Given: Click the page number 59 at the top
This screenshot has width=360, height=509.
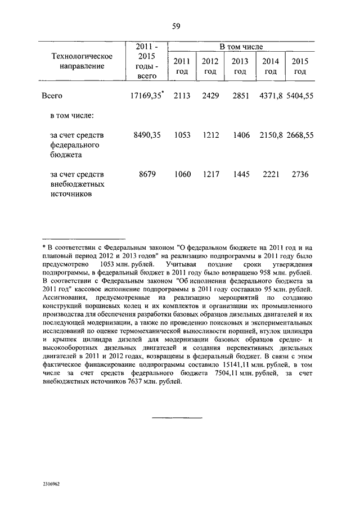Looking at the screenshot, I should pos(175,26).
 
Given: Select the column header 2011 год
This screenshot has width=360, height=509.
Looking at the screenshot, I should pos(182,66).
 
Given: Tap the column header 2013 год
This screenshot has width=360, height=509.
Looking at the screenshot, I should pos(240,66).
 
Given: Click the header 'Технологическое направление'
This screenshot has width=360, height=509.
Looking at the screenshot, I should pos(82,61).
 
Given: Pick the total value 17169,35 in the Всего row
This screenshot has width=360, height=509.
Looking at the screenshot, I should pos(146,96).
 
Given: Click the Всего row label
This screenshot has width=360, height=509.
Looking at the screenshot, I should pos(52,96).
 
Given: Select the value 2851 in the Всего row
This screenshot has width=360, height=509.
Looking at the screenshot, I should pos(240,96).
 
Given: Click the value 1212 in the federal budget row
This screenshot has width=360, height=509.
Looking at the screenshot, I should pos(210,135).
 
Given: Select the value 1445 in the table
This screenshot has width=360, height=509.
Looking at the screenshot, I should pos(240,174).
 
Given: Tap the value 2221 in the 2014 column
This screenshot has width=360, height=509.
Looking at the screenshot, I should pos(271,174).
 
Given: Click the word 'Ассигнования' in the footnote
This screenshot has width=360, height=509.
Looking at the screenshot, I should pos(64,298).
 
